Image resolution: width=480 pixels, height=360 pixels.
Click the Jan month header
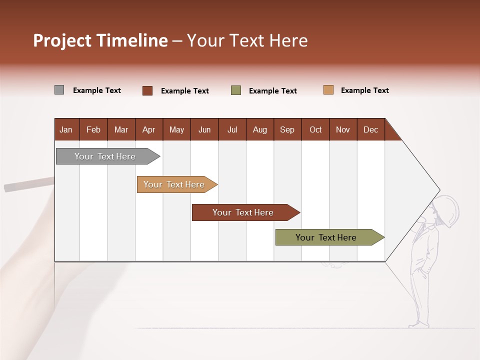click(x=66, y=130)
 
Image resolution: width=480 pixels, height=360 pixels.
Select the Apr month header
click(x=148, y=130)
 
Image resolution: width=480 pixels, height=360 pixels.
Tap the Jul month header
click(x=232, y=130)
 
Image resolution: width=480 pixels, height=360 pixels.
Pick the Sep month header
click(x=287, y=130)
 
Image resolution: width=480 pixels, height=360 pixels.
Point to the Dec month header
click(x=370, y=130)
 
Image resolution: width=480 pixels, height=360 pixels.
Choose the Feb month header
click(x=93, y=130)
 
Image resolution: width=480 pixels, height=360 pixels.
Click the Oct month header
click(x=315, y=130)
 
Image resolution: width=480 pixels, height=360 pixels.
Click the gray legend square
click(x=59, y=90)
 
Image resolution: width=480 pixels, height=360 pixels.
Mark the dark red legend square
click(x=147, y=90)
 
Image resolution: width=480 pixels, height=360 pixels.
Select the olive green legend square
click(x=236, y=90)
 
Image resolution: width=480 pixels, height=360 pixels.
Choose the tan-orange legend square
click(x=328, y=90)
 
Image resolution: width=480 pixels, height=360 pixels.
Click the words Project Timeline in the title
click(x=100, y=40)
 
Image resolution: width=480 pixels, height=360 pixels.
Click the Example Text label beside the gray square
click(x=97, y=90)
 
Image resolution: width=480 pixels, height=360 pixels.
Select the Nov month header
click(x=343, y=130)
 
